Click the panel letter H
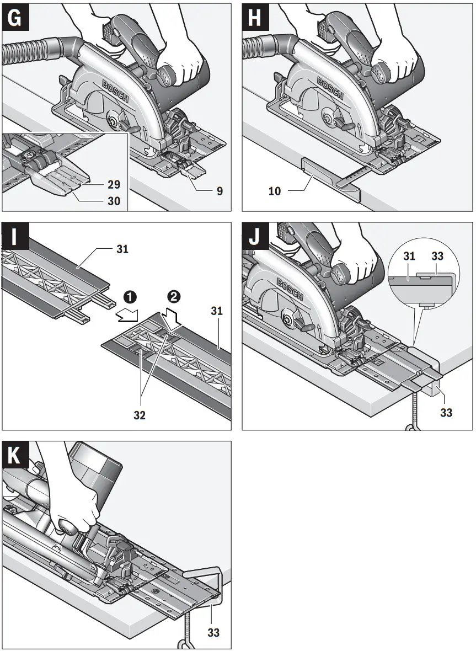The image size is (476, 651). point(255,18)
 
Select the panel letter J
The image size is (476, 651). point(255,237)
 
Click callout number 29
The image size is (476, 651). point(114,184)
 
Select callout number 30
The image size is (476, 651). point(114,201)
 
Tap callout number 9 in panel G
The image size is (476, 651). point(219,191)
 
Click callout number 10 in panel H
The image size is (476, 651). point(275,191)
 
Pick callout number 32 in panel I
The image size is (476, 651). point(140,415)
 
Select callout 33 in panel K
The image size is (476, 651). point(213,632)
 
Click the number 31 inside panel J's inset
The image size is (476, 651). point(409,257)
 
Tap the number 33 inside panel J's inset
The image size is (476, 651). point(437,257)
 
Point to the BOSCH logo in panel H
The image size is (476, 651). point(329,88)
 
